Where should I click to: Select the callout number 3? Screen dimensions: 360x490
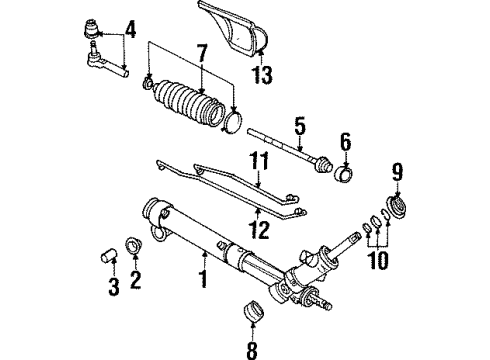click(113, 289)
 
